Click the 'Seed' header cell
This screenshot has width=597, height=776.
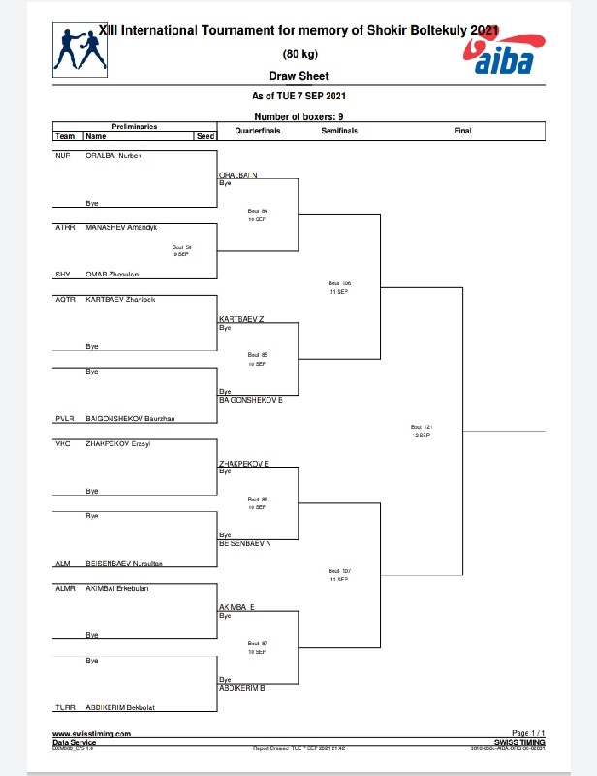click(x=205, y=137)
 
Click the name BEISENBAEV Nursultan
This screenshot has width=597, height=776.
click(x=131, y=563)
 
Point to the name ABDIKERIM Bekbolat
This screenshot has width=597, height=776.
click(x=127, y=706)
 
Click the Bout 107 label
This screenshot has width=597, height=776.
click(x=338, y=573)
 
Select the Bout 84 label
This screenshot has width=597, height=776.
click(x=257, y=212)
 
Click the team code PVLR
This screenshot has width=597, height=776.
click(x=65, y=419)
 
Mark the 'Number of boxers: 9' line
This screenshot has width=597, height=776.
click(x=298, y=116)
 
